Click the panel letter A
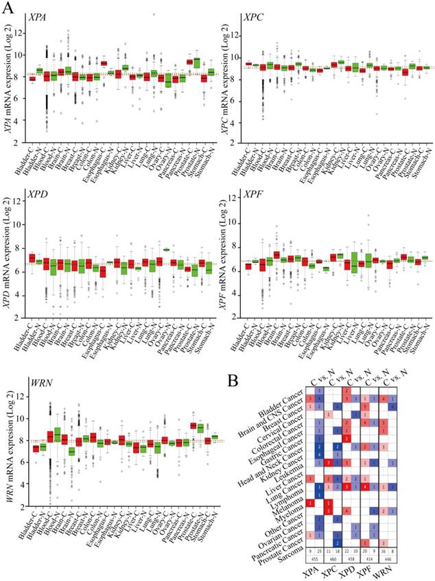[8, 8]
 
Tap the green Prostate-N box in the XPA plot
[198, 63]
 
